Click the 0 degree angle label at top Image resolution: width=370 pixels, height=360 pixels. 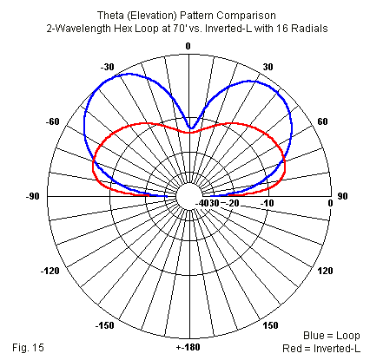tap(188, 46)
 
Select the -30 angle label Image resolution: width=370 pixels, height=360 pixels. tap(108, 67)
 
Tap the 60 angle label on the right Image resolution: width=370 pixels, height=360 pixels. tap(322, 121)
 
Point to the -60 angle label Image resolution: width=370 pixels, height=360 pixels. tap(52, 121)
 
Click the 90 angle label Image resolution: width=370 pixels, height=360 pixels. tap(342, 196)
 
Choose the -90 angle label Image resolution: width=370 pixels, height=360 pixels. tap(32, 196)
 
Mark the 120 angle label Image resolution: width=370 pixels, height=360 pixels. tap(326, 271)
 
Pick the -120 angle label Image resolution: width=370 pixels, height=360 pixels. tap(50, 272)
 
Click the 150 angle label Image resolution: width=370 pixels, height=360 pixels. tap(270, 325)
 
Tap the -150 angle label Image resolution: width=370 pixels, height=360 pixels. tap(105, 325)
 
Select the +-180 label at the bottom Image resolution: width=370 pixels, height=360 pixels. tap(188, 347)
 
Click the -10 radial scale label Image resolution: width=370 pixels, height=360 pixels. tap(267, 203)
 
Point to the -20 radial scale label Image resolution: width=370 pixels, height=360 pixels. tap(230, 203)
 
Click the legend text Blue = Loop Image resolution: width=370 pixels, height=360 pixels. tap(332, 336)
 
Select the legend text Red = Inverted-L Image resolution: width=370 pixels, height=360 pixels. tap(321, 348)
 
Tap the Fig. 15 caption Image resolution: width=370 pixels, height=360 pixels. tap(28, 347)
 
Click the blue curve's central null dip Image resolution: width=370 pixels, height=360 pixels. tap(190, 128)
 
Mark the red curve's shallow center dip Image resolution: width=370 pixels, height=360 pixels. tap(188, 133)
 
